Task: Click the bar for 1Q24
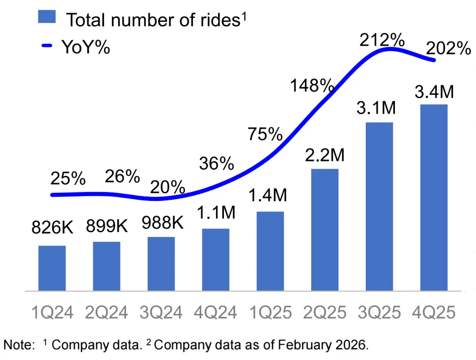[52, 268]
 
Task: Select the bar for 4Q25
[434, 198]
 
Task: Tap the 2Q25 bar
[325, 230]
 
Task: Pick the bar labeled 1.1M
[216, 260]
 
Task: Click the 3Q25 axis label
[379, 312]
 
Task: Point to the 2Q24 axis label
[107, 312]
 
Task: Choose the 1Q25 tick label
[270, 312]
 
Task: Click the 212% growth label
[382, 40]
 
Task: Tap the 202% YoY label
[449, 48]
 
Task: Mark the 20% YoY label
[167, 187]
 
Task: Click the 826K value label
[52, 228]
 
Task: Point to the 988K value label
[161, 223]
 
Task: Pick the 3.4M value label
[434, 93]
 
